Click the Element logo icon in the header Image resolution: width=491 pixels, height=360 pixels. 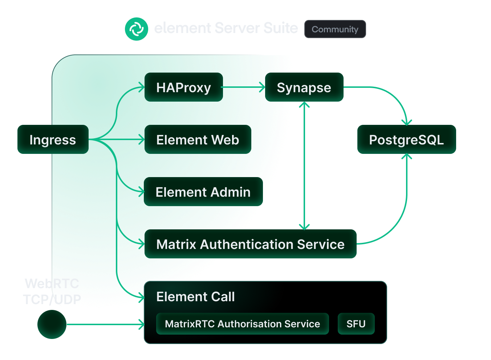coord(136,29)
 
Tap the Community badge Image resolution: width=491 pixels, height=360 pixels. coord(335,29)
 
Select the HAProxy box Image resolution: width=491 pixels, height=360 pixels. coord(183,87)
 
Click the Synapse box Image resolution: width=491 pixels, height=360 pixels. coord(304,87)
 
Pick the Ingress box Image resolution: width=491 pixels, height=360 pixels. coord(53,140)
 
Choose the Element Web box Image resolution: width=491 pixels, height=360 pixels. coord(198,140)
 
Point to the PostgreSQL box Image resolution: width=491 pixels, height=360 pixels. coord(406,140)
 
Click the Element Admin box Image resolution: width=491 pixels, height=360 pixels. coord(203,192)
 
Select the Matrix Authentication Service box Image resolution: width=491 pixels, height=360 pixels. coord(250,244)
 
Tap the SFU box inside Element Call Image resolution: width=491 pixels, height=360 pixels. coord(356,324)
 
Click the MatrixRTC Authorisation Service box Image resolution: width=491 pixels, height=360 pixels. coord(242,324)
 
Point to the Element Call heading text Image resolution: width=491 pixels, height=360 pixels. coord(195,297)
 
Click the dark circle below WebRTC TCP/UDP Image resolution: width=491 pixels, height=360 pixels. coord(52,324)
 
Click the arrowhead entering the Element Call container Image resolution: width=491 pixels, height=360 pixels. coord(142,324)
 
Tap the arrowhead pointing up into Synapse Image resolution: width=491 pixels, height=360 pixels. coord(304,105)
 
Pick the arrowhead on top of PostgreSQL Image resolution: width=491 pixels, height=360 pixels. coord(407,122)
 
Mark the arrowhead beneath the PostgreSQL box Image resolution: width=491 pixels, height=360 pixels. coord(407,156)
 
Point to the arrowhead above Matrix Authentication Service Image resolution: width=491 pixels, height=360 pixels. coord(304,227)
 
